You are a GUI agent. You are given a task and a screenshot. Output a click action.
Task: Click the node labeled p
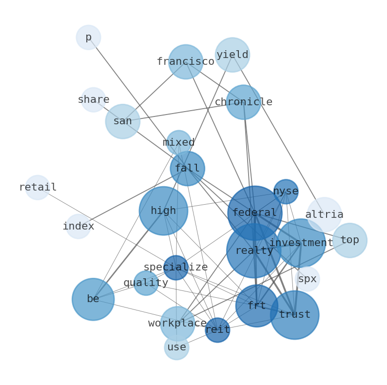(x=88, y=37)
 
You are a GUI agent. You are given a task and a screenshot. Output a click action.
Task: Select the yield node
(x=232, y=55)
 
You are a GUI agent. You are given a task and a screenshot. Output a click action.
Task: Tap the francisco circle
(x=186, y=62)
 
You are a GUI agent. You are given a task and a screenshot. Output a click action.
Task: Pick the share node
(x=94, y=100)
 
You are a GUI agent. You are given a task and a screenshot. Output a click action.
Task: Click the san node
(x=123, y=121)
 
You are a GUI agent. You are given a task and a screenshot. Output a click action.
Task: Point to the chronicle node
(x=244, y=102)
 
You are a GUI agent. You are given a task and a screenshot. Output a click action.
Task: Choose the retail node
(x=38, y=187)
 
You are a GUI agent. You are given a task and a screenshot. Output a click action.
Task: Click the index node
(x=78, y=226)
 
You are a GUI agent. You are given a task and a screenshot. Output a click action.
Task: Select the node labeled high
(x=163, y=211)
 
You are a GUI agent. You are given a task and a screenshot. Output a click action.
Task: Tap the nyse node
(x=286, y=192)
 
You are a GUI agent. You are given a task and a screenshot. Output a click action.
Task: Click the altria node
(x=324, y=214)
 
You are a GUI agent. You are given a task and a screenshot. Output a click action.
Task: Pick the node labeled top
(x=350, y=240)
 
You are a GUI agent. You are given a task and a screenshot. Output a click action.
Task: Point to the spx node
(x=307, y=279)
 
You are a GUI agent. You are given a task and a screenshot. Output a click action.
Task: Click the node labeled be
(x=93, y=299)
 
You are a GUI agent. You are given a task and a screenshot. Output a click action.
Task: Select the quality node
(x=146, y=283)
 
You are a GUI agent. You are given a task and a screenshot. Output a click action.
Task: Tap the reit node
(x=217, y=330)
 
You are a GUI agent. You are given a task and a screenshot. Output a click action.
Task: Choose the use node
(x=177, y=347)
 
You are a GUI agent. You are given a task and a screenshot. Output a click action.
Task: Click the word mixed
(x=179, y=142)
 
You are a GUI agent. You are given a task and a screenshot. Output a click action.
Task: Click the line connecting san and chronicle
(x=183, y=112)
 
